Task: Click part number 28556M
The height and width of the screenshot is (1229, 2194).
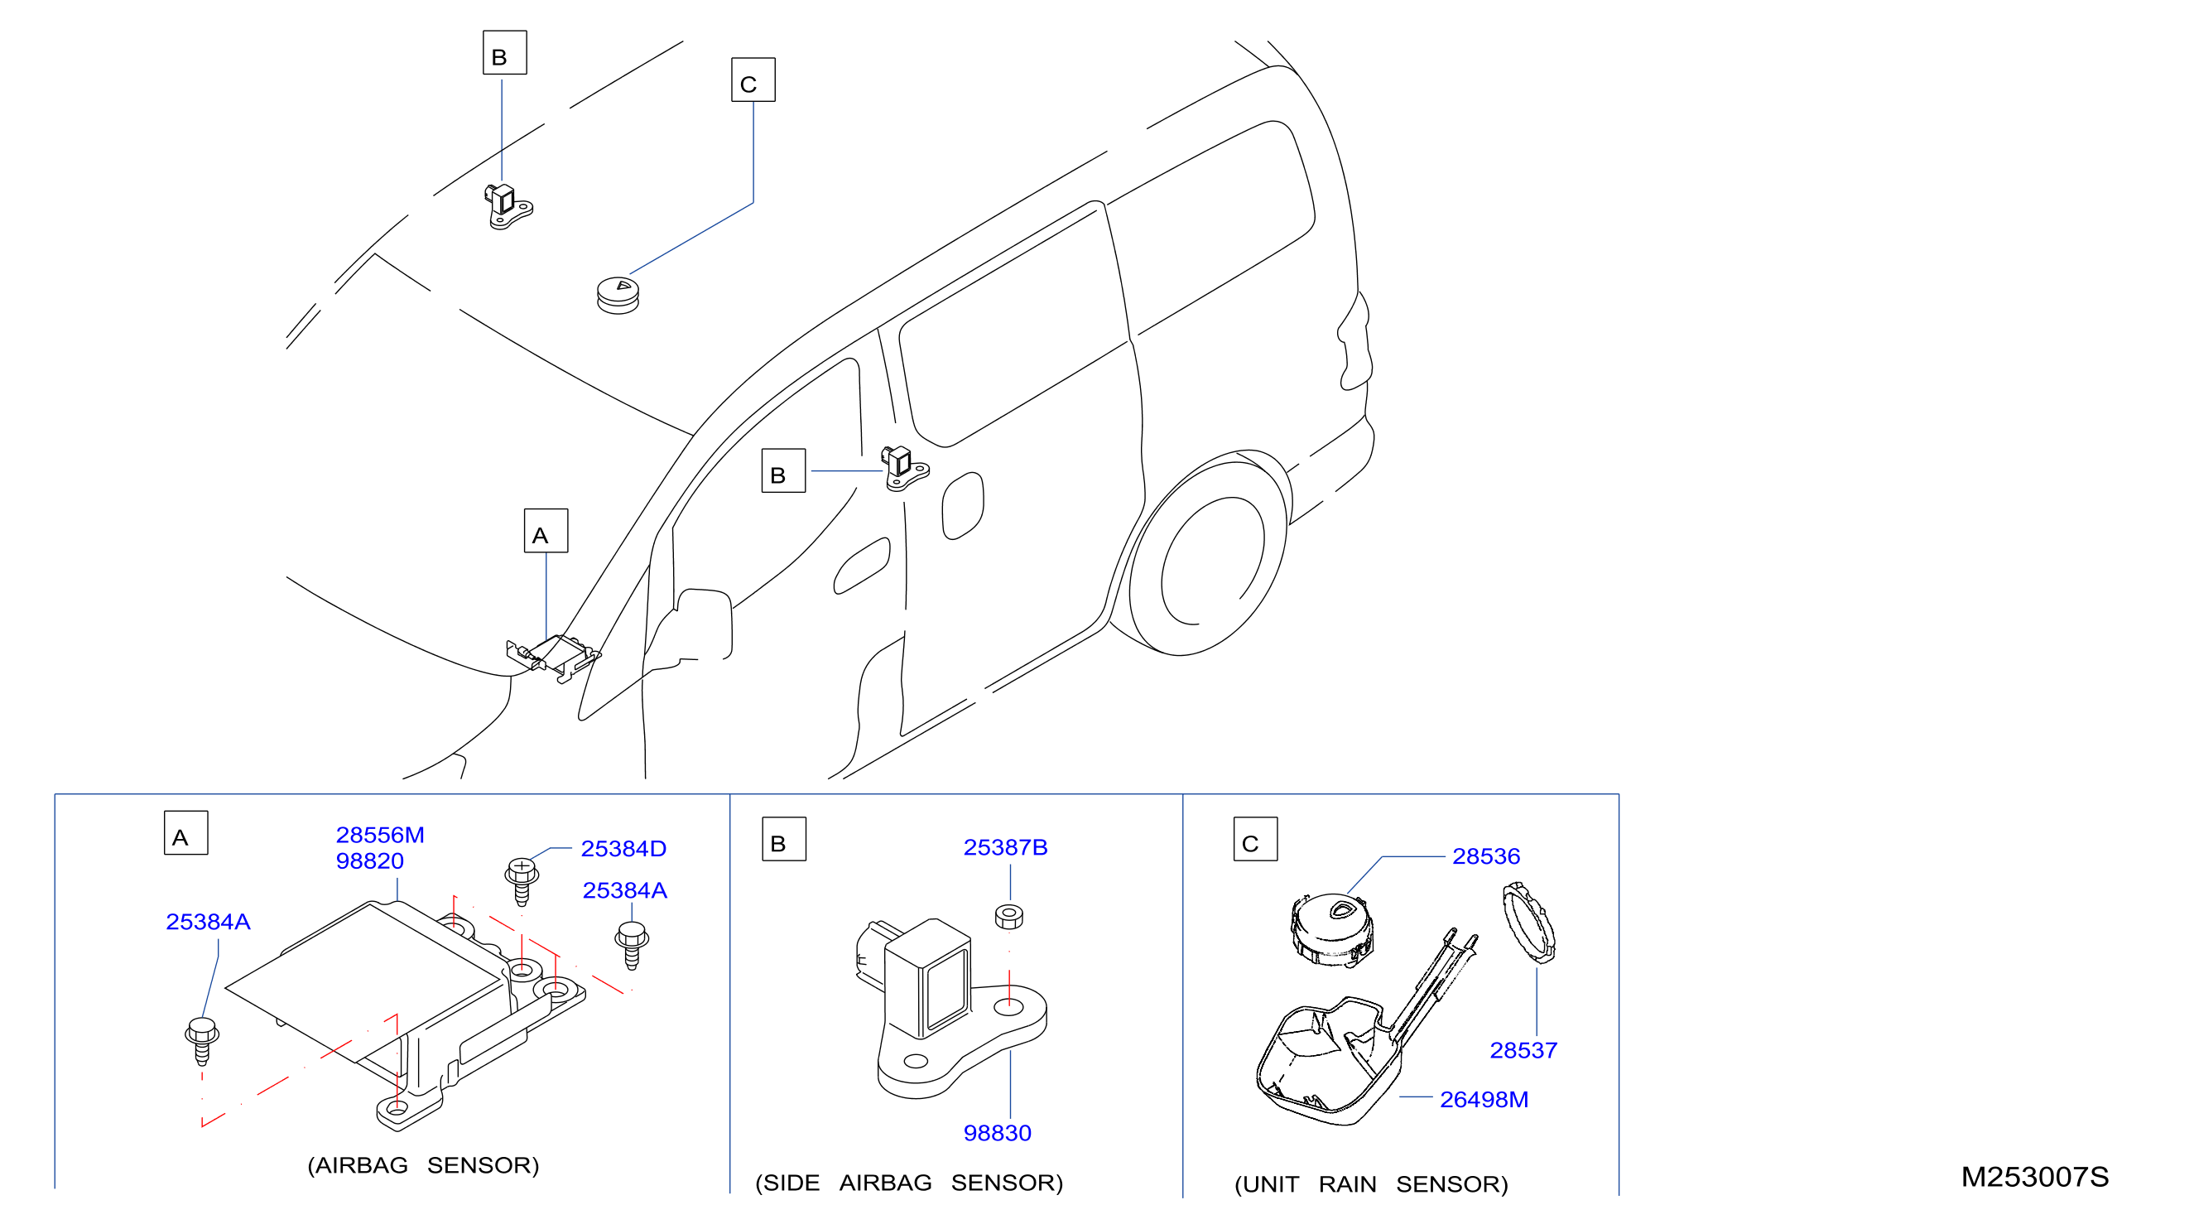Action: click(x=380, y=835)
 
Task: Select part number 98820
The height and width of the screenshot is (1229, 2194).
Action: click(x=369, y=861)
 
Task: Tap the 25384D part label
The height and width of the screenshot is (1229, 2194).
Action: click(x=623, y=848)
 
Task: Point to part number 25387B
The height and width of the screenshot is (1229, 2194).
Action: click(x=1005, y=847)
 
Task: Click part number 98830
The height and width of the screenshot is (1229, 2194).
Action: click(x=997, y=1133)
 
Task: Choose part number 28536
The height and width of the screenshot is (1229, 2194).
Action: click(x=1485, y=856)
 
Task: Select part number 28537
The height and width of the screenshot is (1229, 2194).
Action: click(x=1523, y=1050)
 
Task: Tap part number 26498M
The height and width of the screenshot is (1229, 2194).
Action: click(x=1484, y=1100)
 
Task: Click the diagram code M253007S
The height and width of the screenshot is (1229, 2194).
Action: click(x=2035, y=1177)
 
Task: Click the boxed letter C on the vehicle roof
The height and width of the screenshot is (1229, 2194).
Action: click(x=753, y=80)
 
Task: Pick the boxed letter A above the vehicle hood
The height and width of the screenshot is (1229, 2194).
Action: click(x=546, y=531)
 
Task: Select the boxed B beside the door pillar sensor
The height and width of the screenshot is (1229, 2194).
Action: click(x=783, y=471)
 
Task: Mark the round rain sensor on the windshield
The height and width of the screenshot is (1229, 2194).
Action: click(x=618, y=295)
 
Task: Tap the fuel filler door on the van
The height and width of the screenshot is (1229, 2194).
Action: click(x=962, y=506)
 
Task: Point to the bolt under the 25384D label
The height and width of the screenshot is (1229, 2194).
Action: click(x=522, y=881)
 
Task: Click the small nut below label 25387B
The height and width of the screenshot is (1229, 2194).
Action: click(x=1008, y=917)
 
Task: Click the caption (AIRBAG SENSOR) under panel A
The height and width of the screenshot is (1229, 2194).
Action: click(x=423, y=1165)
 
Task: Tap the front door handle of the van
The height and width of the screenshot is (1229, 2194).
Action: click(x=862, y=566)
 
